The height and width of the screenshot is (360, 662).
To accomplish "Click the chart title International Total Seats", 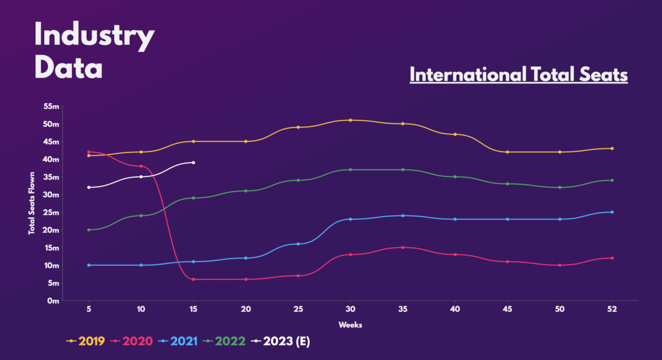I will [x=519, y=75].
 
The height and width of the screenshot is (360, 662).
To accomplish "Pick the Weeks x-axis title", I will [x=350, y=325].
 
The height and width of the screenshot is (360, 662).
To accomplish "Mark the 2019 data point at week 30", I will [x=350, y=120].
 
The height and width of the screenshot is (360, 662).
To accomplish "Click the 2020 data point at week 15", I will [x=193, y=280].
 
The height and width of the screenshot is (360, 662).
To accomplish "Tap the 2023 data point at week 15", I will [x=193, y=163].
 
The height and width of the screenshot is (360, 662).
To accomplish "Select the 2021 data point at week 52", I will [x=612, y=212].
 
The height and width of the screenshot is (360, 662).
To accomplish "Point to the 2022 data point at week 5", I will [x=89, y=230].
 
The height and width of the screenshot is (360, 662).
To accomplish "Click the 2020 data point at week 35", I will [x=403, y=248].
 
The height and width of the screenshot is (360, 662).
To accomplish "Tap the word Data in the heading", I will [x=68, y=68].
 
